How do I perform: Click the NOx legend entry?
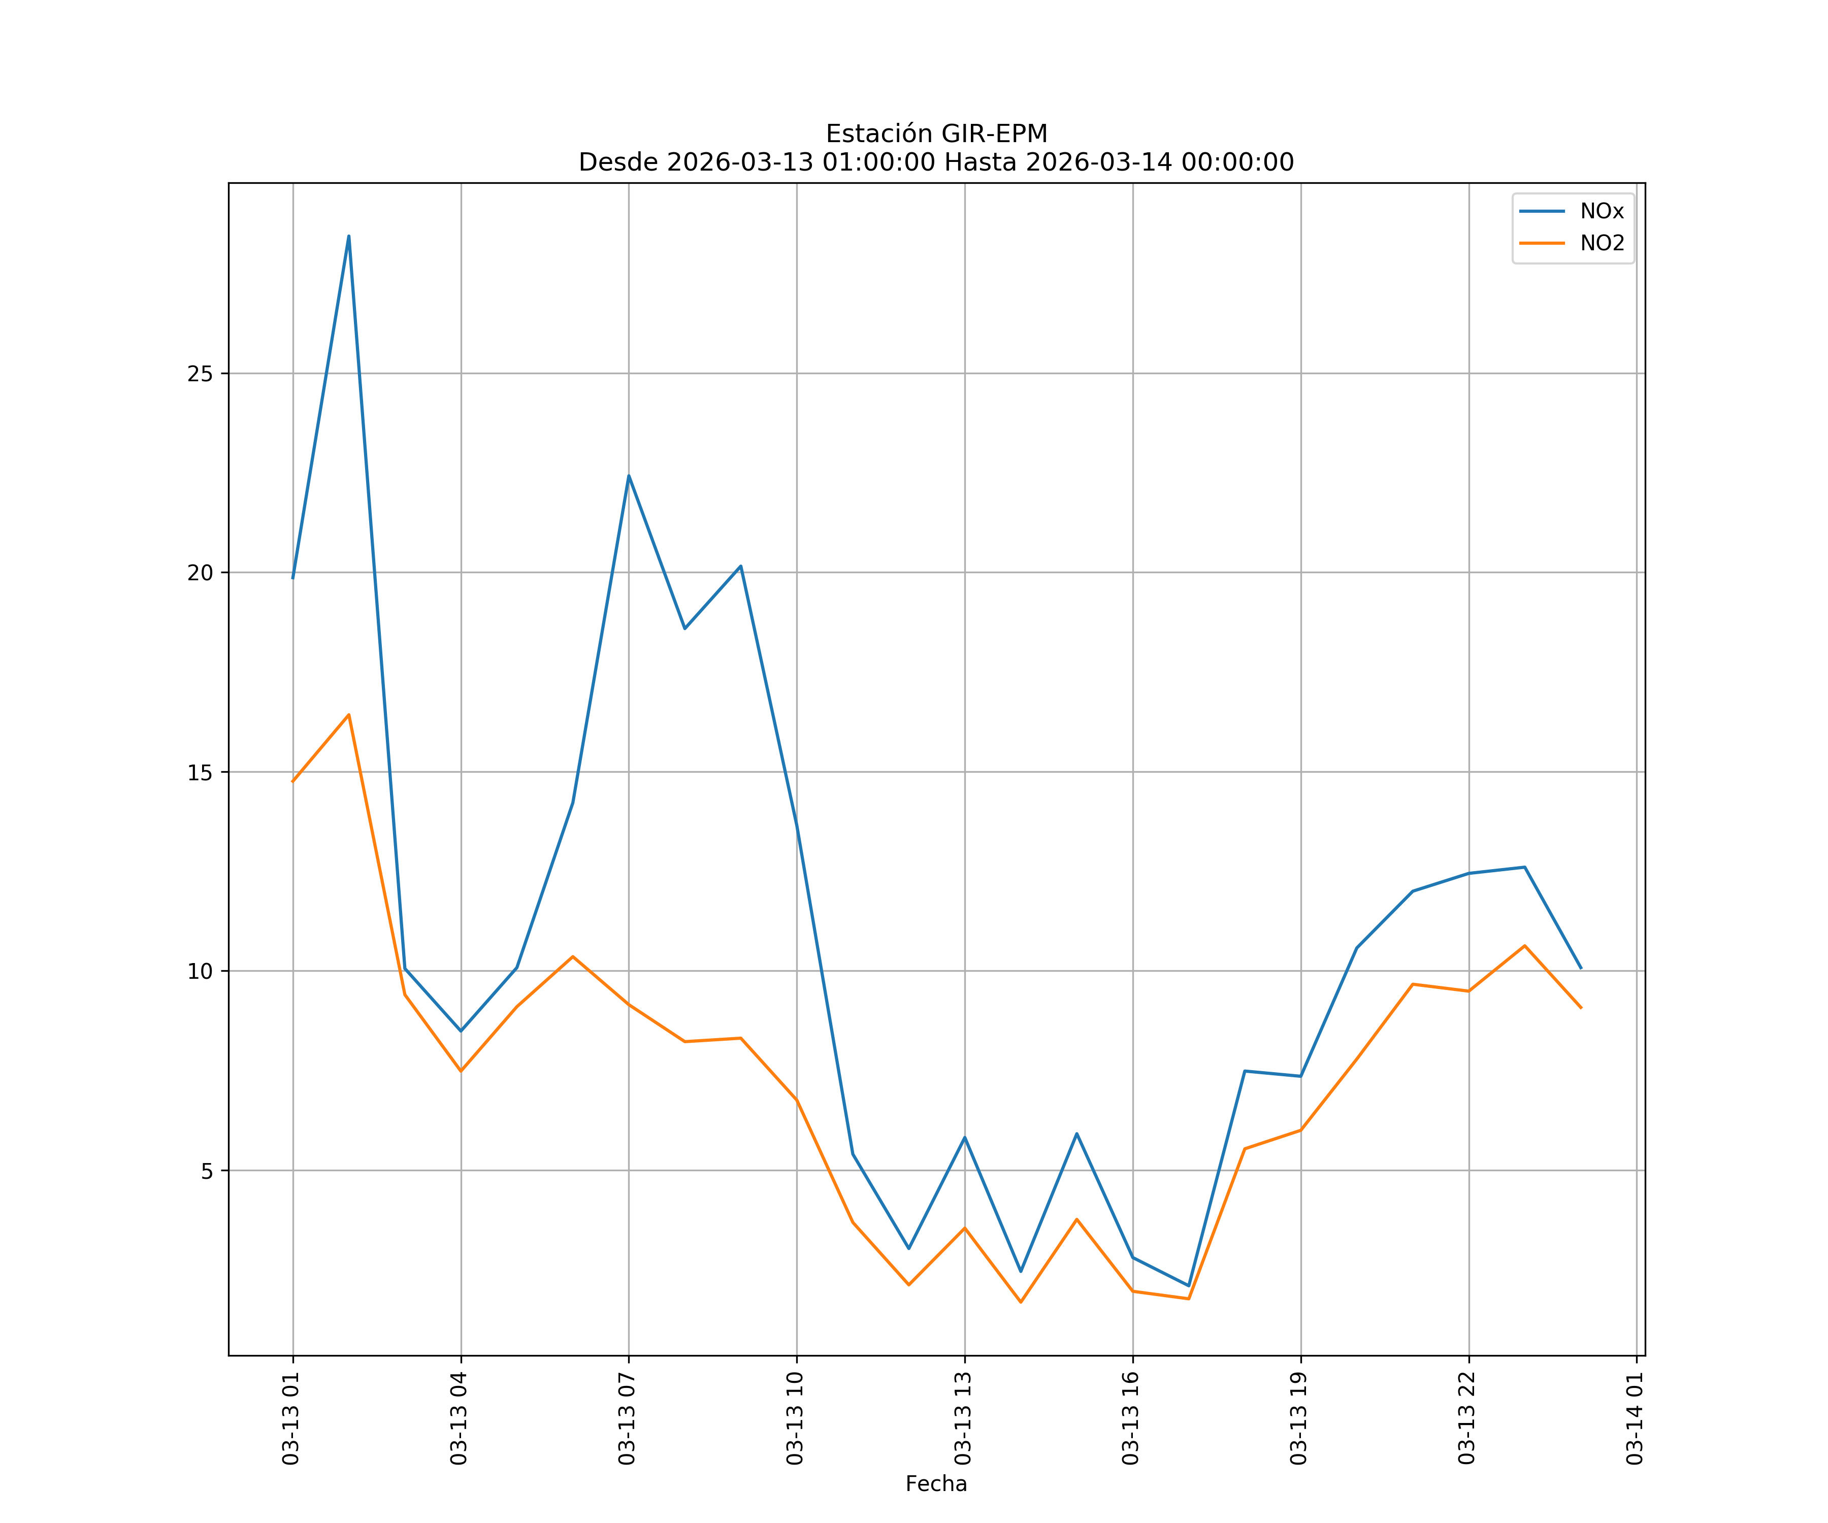(1601, 212)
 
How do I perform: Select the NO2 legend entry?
(1602, 244)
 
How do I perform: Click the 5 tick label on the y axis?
(206, 1171)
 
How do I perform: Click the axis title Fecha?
(936, 1484)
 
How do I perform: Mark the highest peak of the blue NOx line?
(348, 236)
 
